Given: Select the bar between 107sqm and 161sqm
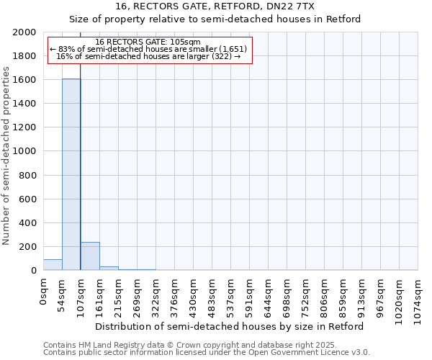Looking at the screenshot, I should [x=90, y=256].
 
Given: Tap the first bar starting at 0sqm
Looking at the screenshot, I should [x=53, y=265].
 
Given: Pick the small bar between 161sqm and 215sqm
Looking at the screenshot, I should [x=109, y=268].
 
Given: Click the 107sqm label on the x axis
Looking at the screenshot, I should [x=81, y=294].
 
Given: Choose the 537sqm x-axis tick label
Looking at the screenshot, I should [x=230, y=294].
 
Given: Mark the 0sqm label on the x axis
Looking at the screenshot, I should [x=43, y=289].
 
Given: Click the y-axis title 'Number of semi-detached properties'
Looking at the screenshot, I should [x=7, y=156].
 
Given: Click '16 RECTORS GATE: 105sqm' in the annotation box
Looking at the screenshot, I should [x=148, y=42].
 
